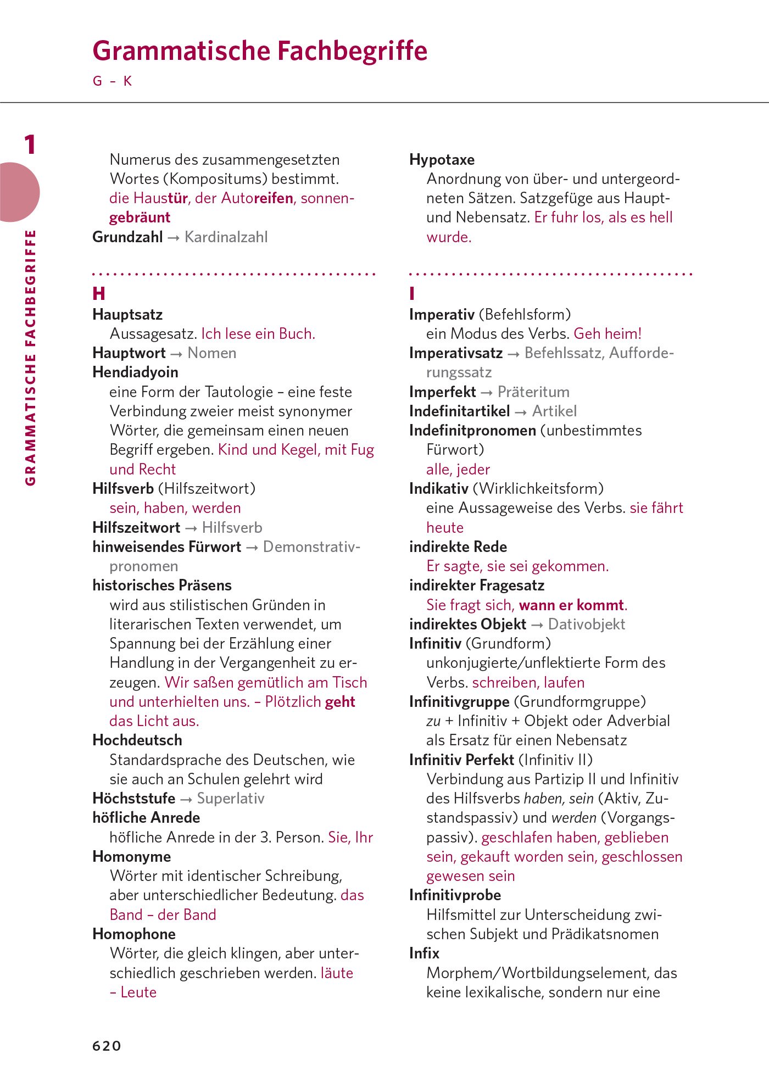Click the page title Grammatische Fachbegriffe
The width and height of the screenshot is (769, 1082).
[260, 51]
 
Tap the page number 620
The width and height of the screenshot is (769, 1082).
[107, 1045]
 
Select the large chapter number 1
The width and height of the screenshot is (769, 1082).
[30, 145]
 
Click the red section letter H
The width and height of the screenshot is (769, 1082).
[99, 294]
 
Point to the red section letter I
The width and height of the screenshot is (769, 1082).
[412, 294]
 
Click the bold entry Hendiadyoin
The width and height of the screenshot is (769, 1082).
[135, 372]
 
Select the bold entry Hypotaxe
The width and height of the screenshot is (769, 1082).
[442, 160]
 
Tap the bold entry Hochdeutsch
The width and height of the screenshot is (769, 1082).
[137, 740]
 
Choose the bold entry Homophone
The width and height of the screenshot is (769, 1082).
[134, 934]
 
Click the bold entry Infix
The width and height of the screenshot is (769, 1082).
[424, 953]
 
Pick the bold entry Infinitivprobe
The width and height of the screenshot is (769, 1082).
[455, 895]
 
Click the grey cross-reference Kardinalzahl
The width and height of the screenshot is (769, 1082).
[226, 237]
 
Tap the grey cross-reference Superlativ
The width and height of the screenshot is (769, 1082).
[231, 799]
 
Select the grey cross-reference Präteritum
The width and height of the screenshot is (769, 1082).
[533, 392]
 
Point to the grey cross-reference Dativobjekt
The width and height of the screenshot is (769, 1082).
[587, 624]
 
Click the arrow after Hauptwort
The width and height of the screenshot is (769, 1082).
[176, 354]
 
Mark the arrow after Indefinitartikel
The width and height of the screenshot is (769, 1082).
[521, 412]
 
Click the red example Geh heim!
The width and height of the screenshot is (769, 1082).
[608, 334]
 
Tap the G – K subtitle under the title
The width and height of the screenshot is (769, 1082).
[113, 81]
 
